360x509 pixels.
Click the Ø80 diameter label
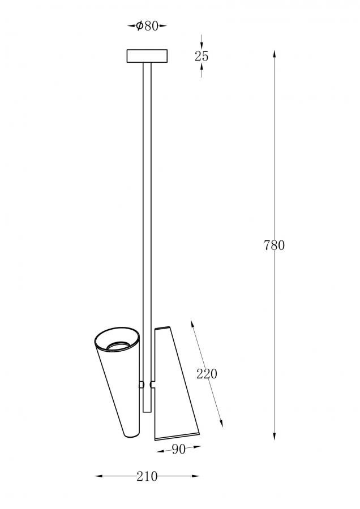click(x=147, y=25)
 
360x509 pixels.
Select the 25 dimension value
click(x=202, y=56)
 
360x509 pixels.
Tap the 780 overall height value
click(x=274, y=245)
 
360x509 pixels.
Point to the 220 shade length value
click(x=207, y=374)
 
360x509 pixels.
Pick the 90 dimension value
click(x=179, y=449)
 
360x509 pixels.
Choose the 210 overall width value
click(x=147, y=476)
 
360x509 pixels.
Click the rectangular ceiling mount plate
click(x=147, y=56)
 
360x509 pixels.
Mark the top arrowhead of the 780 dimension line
click(x=275, y=54)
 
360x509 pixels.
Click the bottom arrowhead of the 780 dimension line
click(x=275, y=435)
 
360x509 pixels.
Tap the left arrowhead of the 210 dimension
click(x=99, y=476)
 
